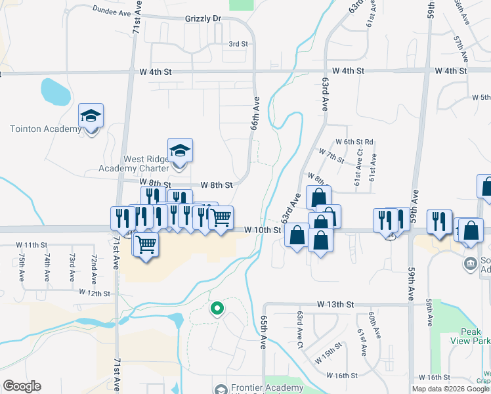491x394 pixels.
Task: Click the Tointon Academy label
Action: point(45,129)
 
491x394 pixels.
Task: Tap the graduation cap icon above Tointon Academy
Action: point(91,117)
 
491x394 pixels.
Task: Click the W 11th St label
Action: point(33,244)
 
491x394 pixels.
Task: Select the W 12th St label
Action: point(94,292)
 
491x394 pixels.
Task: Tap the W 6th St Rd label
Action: point(354,141)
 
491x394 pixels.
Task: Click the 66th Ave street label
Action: point(255,114)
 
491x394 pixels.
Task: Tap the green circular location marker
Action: point(216,307)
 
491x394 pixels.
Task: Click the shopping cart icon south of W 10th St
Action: point(146,244)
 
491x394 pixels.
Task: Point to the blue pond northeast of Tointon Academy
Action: point(54,92)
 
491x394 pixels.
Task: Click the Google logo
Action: point(22,386)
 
